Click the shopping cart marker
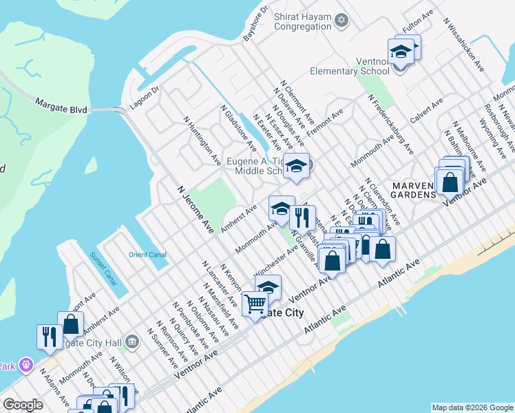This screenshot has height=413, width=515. (x=255, y=303)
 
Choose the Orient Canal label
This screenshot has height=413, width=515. (x=147, y=255)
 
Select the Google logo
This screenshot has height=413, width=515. (x=23, y=405)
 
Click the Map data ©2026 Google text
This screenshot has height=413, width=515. (x=472, y=407)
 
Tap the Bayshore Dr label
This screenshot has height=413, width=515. (x=254, y=24)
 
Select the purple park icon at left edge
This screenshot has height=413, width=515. (x=25, y=363)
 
